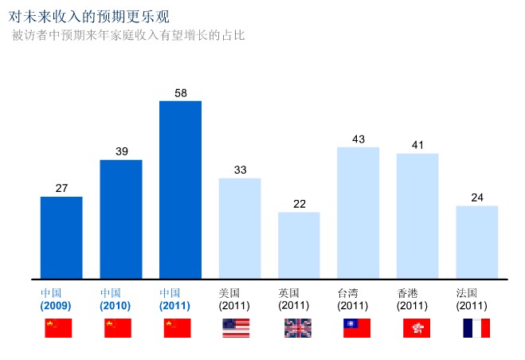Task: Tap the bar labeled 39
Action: click(x=120, y=219)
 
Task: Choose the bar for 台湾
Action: click(x=358, y=213)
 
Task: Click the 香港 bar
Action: click(x=417, y=216)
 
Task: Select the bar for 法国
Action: click(x=476, y=242)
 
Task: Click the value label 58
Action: click(x=181, y=93)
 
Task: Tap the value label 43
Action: click(x=358, y=139)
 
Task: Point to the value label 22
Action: click(x=300, y=204)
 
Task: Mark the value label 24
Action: click(x=477, y=198)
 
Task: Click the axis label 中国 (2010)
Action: click(x=116, y=299)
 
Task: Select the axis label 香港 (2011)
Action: click(x=412, y=299)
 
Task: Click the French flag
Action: click(x=476, y=328)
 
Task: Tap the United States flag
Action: click(x=236, y=328)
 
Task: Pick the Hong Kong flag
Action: click(x=417, y=328)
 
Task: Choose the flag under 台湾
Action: click(x=357, y=328)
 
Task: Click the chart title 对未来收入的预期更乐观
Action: click(x=88, y=16)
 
